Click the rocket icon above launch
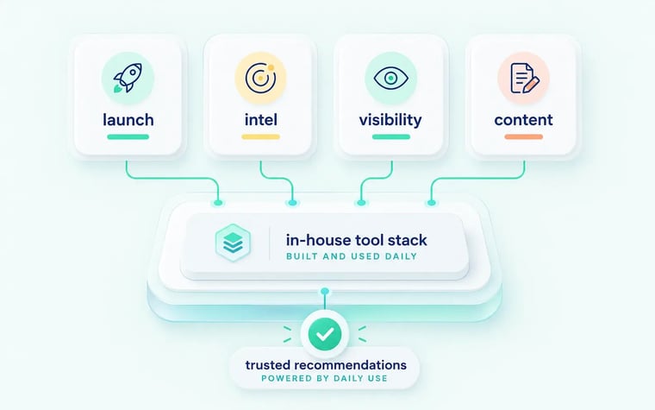[x=128, y=78]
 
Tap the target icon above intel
[x=260, y=78]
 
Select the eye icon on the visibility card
[x=391, y=78]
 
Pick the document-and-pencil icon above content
[x=524, y=78]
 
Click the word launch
[x=128, y=120]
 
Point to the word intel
[x=260, y=120]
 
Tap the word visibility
[x=390, y=121]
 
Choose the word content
[x=523, y=121]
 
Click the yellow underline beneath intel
[x=260, y=136]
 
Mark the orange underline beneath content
[x=523, y=136]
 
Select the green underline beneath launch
[x=128, y=136]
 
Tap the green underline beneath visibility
[x=391, y=136]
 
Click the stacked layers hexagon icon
[x=233, y=243]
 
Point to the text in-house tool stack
[x=356, y=240]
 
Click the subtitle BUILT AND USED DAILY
[x=352, y=256]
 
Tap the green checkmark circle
[x=325, y=334]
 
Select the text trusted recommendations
[x=326, y=365]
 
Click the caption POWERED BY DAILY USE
[x=325, y=379]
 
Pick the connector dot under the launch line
[x=218, y=203]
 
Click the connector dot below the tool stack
[x=325, y=291]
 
